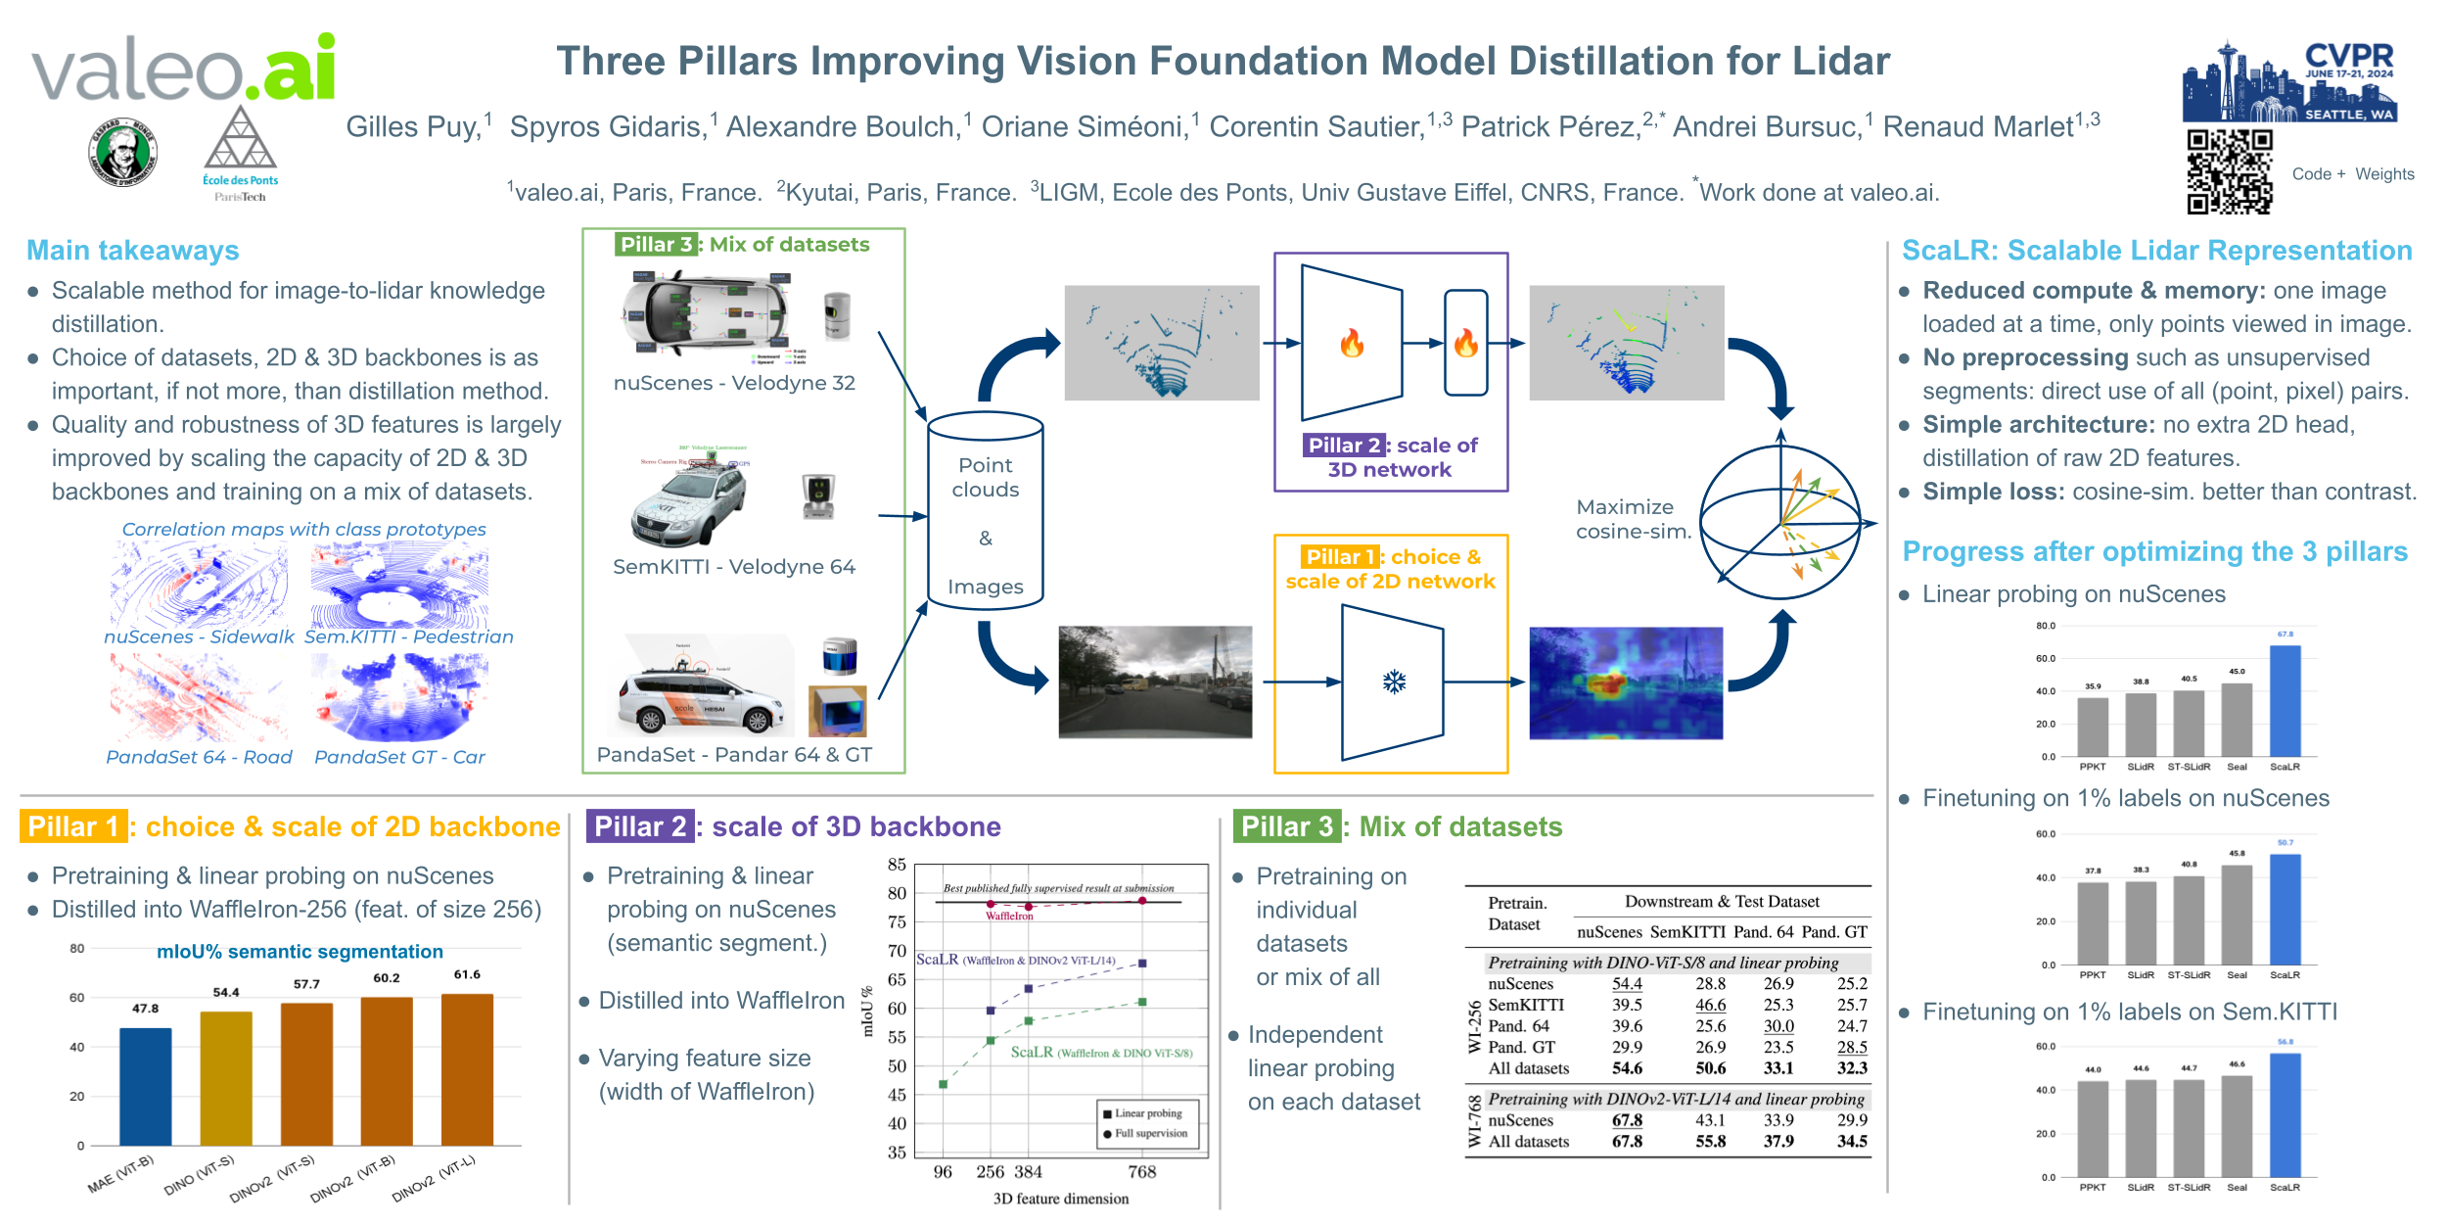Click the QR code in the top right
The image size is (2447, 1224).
click(2229, 171)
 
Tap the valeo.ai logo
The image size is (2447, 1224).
click(184, 69)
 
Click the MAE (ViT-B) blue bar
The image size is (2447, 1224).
click(145, 1086)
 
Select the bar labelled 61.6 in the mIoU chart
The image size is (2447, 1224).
click(467, 1068)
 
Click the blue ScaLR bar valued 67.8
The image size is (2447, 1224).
click(2285, 700)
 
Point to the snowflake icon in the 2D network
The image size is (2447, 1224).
click(1394, 682)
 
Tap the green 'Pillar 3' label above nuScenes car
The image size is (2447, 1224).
click(655, 244)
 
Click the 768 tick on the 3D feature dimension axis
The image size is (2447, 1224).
click(1141, 1172)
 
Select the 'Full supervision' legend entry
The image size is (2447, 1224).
click(1149, 1133)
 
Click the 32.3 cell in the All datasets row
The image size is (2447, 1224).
click(1851, 1068)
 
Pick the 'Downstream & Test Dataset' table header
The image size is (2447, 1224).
click(1722, 901)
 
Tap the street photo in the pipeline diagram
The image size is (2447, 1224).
click(1155, 682)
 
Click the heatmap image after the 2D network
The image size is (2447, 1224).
click(1626, 683)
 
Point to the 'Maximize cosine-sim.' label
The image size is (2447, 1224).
click(1633, 519)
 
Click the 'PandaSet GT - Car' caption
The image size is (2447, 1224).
click(399, 757)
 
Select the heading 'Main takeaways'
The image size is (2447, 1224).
click(133, 251)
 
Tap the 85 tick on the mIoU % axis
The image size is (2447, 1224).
click(897, 865)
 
